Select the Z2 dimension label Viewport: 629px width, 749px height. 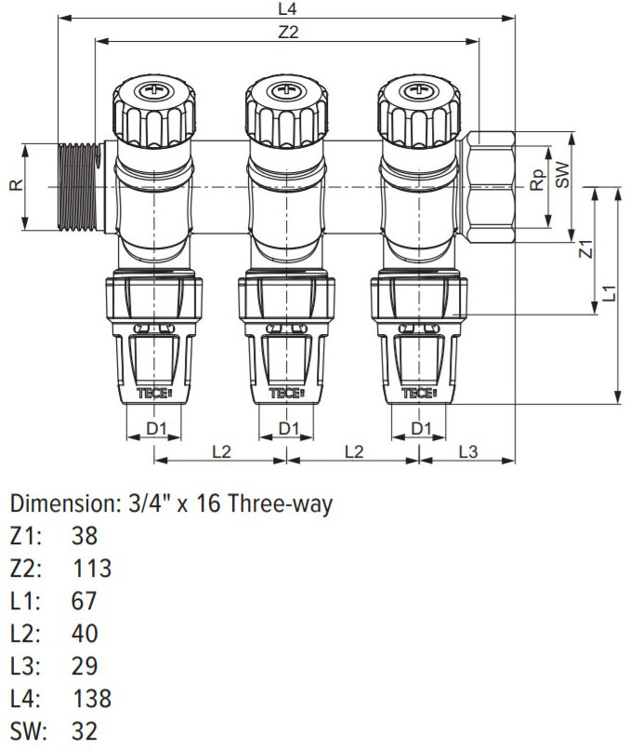[x=288, y=31]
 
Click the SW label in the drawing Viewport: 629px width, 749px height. [x=561, y=177]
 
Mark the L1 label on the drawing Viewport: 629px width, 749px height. [x=609, y=293]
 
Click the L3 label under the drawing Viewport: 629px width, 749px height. [x=467, y=451]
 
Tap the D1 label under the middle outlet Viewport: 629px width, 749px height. [x=289, y=428]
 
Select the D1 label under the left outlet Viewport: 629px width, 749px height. [x=156, y=428]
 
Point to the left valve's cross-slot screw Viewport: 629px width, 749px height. [x=154, y=92]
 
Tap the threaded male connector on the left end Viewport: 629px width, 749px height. [x=78, y=186]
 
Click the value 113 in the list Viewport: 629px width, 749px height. [x=91, y=568]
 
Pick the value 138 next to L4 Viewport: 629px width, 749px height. [x=91, y=698]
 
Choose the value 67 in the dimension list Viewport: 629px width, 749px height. [x=84, y=600]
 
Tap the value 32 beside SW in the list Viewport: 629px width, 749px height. [x=84, y=730]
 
